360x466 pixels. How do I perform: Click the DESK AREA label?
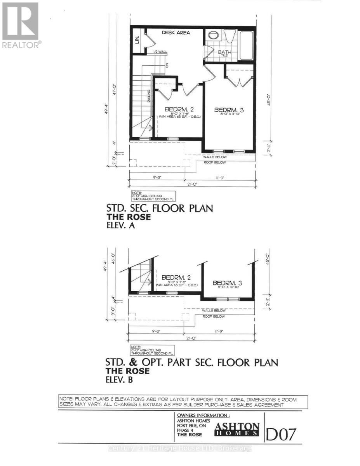(176, 33)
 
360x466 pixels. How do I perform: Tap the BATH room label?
(224, 52)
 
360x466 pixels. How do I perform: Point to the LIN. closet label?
(137, 39)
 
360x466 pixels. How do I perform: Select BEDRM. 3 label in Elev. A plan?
(230, 110)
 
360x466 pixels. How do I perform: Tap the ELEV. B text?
(119, 380)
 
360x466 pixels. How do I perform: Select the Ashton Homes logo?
(237, 429)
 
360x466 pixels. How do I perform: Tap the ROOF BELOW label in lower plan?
(214, 316)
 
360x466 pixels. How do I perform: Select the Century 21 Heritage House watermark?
(180, 448)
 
